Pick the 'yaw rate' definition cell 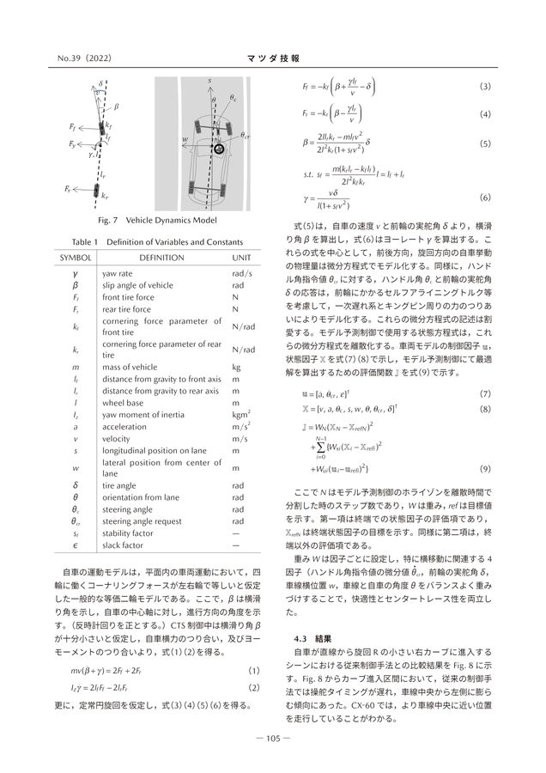coord(125,274)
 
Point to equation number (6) coord(484,198)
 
